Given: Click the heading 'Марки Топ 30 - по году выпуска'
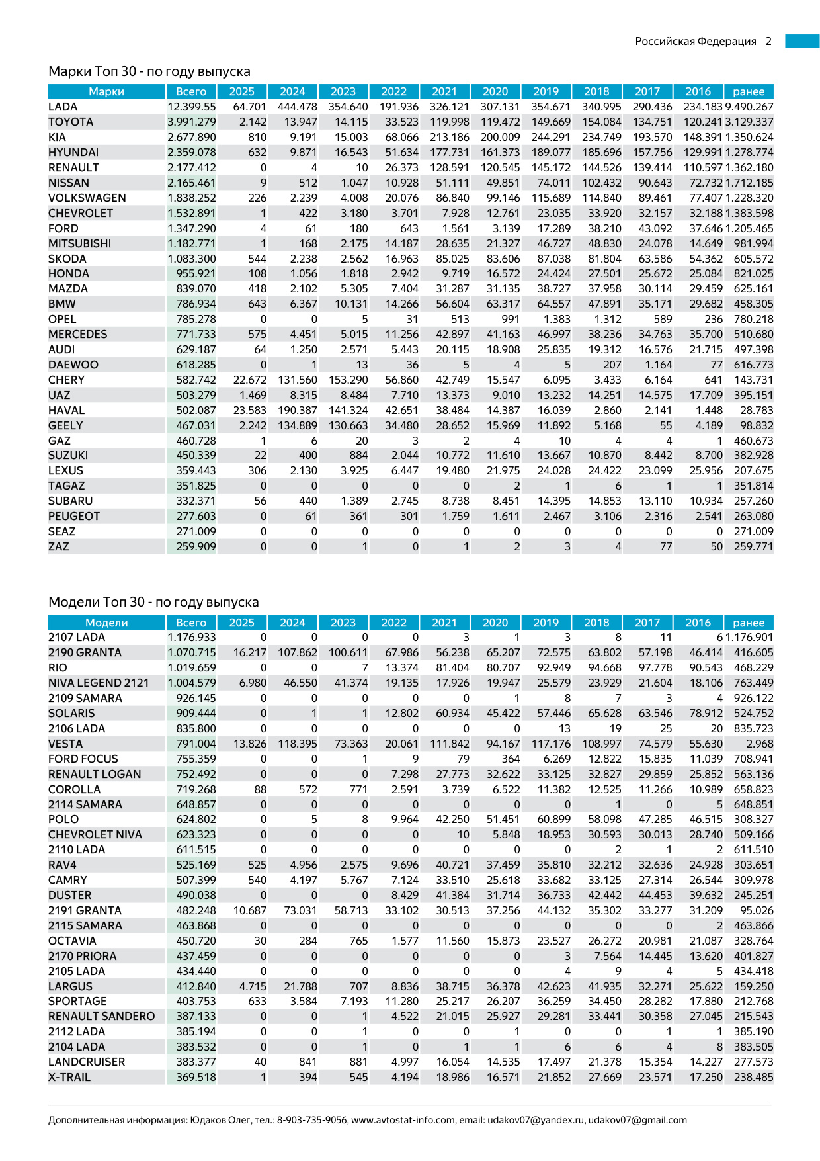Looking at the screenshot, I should pos(149,71).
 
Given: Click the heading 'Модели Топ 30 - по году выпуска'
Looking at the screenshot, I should pos(153,602).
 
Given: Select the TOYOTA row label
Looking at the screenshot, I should pos(71,122).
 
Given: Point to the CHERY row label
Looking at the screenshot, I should pos(66,380).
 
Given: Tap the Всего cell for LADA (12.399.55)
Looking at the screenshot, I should pos(191,107).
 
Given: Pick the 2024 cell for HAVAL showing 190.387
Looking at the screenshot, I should pos(297,410).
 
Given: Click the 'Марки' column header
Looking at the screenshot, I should pos(106,91).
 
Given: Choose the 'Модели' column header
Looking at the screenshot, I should pos(106,623).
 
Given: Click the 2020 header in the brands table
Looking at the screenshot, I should pos(495,91).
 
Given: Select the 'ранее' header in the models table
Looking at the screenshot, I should pos(749,623).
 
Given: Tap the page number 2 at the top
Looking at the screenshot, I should pos(768,41).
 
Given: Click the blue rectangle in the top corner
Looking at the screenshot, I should pos(802,41).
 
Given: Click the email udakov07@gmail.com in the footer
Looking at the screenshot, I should pos(637,1120).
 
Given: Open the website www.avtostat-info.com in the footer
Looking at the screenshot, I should pos(403,1120).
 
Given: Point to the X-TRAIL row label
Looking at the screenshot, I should pos(69,1077).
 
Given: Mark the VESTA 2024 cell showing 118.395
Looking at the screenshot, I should pos(297,744).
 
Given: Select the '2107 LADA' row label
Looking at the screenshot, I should pos(77,637).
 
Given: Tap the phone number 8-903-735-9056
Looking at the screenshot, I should pos(312,1120).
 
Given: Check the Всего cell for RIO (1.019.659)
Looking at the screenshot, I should pos(191,667).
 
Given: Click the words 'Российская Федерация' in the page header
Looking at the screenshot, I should pos(696,41).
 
